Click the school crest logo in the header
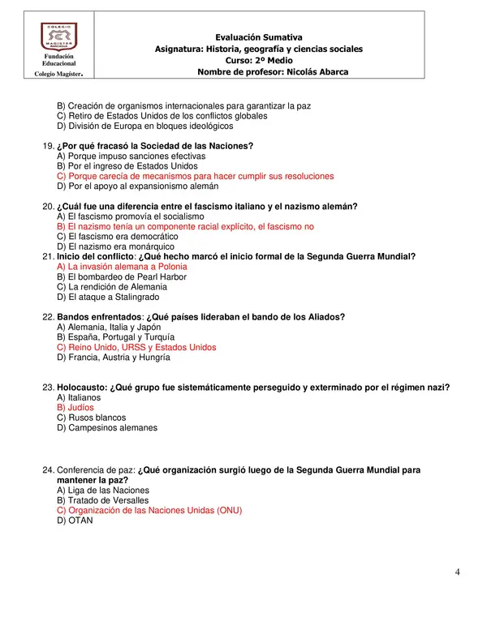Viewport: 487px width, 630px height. [x=59, y=37]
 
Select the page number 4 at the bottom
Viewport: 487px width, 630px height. [x=458, y=572]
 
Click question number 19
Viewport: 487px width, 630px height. [x=48, y=146]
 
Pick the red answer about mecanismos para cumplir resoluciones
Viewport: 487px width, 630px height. [x=195, y=176]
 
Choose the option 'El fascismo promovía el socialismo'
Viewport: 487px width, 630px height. [x=131, y=216]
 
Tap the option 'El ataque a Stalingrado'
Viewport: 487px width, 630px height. [x=114, y=297]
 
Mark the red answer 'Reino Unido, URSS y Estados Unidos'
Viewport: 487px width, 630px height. [x=136, y=347]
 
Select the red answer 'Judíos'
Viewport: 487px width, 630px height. [x=75, y=408]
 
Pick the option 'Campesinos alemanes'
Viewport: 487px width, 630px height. [x=107, y=427]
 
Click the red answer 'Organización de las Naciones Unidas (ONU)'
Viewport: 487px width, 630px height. [x=149, y=511]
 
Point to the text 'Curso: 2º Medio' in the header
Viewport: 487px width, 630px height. [x=259, y=60]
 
